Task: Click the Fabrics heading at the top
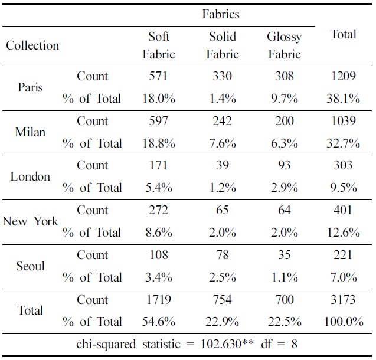click(x=220, y=14)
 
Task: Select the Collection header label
click(x=32, y=45)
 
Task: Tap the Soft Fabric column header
click(x=159, y=45)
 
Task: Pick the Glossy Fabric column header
click(x=284, y=45)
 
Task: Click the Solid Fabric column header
click(x=222, y=45)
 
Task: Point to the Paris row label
click(x=30, y=87)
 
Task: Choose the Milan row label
click(x=30, y=132)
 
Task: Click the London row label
click(x=30, y=176)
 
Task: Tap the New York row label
click(x=30, y=221)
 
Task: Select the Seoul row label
click(x=30, y=266)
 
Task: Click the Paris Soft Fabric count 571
click(x=158, y=76)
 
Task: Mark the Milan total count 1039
click(x=343, y=121)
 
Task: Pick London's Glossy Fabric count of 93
click(x=284, y=165)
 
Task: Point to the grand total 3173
click(x=343, y=300)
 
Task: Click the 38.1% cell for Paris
click(x=343, y=99)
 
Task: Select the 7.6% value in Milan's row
click(x=222, y=143)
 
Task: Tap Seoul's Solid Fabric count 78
click(x=222, y=255)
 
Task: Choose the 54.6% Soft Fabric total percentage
click(x=158, y=322)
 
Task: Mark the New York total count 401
click(x=343, y=210)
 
